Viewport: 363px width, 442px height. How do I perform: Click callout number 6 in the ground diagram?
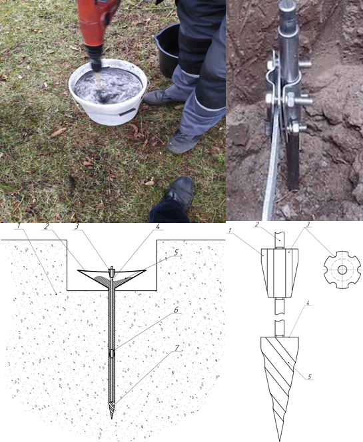click(x=176, y=310)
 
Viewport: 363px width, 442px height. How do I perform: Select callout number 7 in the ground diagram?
click(x=177, y=348)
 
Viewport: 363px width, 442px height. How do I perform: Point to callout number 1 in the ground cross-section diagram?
click(x=19, y=226)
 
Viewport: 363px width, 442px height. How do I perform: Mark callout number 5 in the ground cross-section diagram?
click(x=176, y=252)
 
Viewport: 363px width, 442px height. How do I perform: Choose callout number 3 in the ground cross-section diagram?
click(x=77, y=226)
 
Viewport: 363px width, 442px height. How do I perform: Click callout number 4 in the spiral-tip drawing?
click(x=308, y=303)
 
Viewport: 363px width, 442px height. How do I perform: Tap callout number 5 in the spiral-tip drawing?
click(x=310, y=377)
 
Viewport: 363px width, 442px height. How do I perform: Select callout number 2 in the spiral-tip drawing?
click(x=257, y=224)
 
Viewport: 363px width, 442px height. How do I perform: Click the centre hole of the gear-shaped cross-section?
click(x=342, y=270)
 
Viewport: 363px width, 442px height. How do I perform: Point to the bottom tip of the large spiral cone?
click(x=280, y=440)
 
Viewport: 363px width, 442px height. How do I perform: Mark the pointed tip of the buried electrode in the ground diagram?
click(x=112, y=417)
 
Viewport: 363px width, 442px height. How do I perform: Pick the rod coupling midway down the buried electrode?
click(x=112, y=353)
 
